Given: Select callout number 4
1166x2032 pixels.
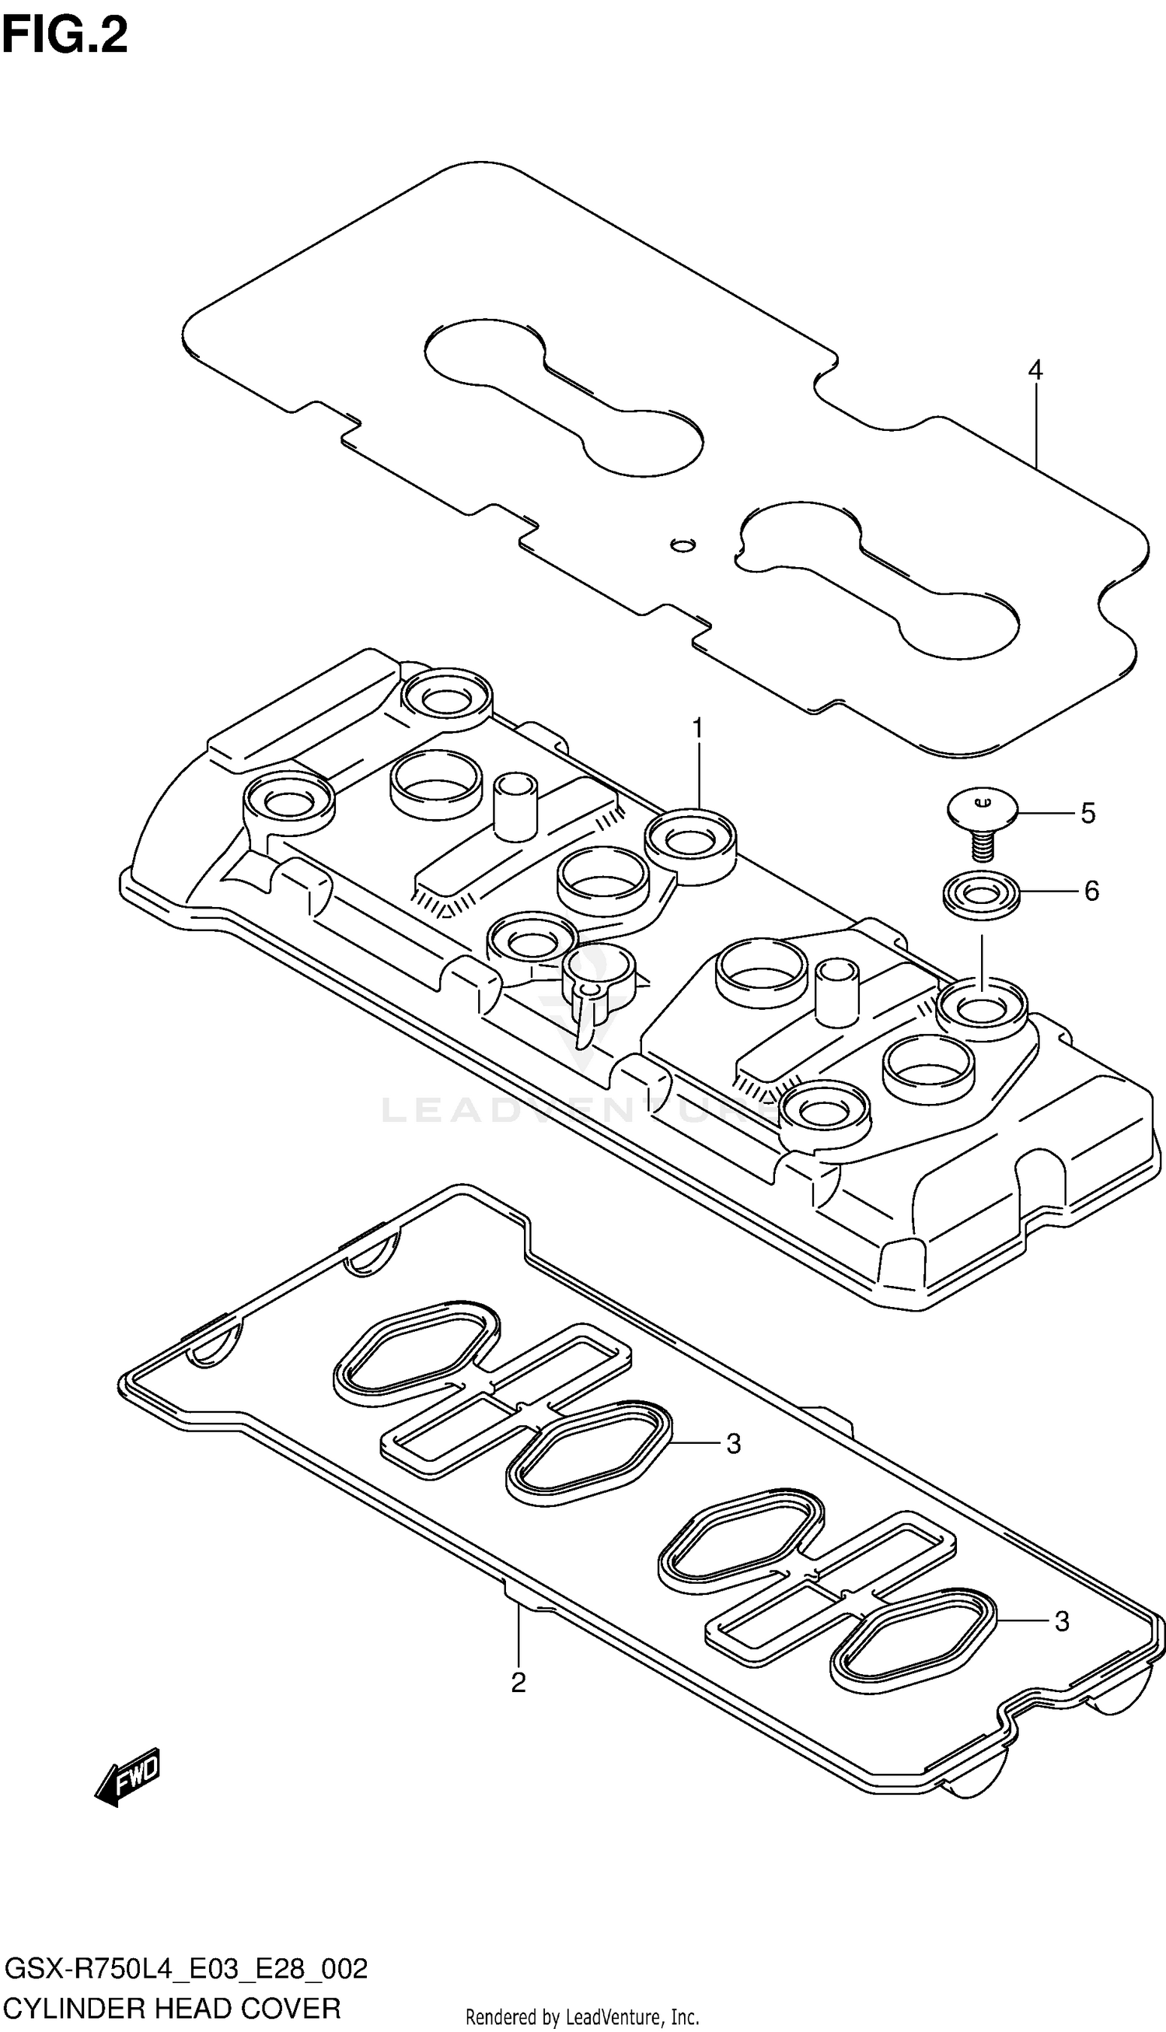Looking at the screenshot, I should pos(1035,370).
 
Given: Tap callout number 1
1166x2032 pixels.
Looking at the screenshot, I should pos(696,728).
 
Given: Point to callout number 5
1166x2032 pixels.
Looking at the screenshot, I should pos(1087,812).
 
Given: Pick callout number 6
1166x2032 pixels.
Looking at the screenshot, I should pos(1091,890).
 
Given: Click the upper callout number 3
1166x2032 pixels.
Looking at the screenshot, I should pos(733,1444).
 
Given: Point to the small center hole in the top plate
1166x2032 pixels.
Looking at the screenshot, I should pos(682,545).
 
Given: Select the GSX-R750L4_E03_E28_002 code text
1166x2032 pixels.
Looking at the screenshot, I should pos(186,1969).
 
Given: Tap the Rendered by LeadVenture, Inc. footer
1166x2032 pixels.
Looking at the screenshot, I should pos(582,2016).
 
